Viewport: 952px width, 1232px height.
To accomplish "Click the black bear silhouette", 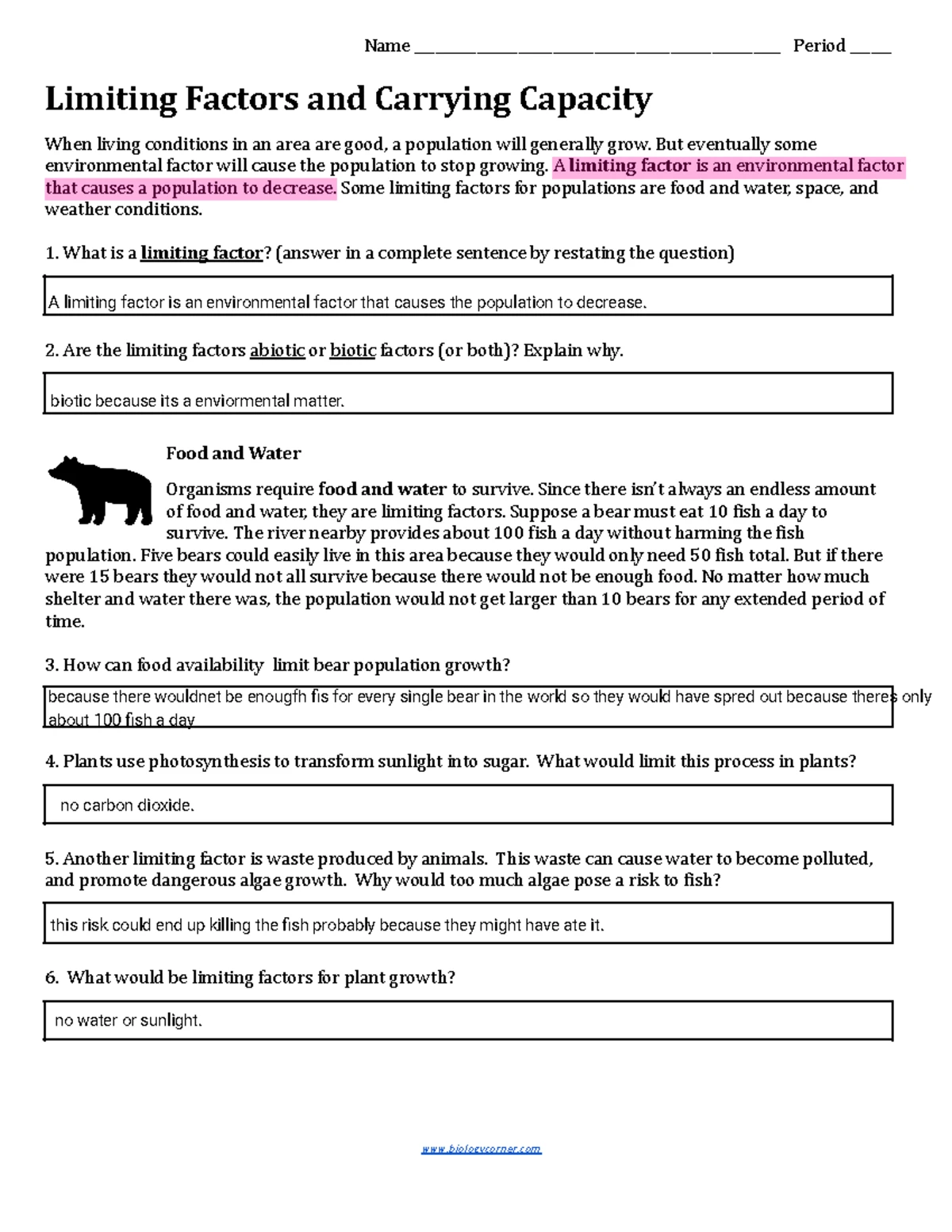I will [x=101, y=490].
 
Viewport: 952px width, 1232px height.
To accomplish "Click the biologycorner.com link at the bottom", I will [x=481, y=1149].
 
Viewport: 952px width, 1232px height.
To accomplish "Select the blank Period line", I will [x=870, y=48].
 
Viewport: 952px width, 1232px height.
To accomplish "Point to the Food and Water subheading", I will [x=233, y=453].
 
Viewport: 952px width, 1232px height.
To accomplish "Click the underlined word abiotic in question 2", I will [x=278, y=351].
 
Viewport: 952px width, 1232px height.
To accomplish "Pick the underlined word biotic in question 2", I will [x=352, y=351].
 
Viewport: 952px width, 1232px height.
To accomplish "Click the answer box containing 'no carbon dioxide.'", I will [x=468, y=805].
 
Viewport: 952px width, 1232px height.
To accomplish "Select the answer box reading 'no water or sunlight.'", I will [x=468, y=1020].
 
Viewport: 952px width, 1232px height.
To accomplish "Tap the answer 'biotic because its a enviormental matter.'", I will [x=197, y=401].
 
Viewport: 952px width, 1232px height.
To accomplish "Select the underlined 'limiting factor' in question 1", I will [x=202, y=253].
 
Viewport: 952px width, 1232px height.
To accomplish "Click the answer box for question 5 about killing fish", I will [x=468, y=923].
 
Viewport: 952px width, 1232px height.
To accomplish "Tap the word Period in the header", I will [x=819, y=46].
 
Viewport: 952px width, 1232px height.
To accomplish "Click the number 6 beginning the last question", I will [x=52, y=977].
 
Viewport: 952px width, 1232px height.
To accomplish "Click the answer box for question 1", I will [x=468, y=296].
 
